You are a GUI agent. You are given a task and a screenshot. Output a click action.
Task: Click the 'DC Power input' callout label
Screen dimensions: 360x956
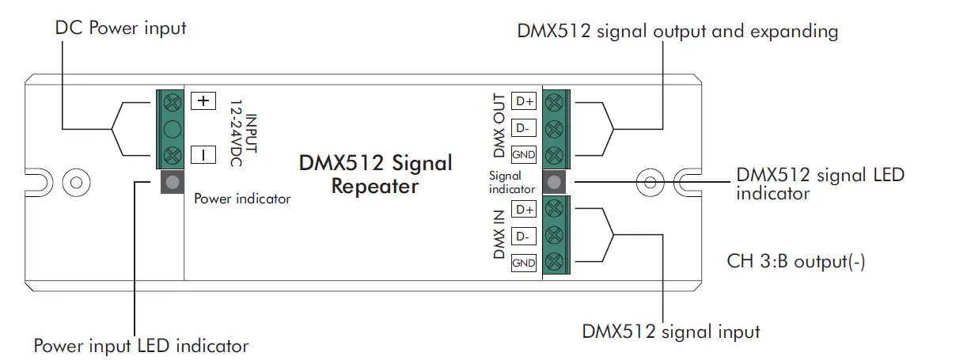tap(120, 28)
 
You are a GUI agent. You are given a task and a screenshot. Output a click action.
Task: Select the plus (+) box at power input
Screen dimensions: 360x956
tap(203, 101)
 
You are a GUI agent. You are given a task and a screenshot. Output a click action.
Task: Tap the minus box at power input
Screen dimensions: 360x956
tap(203, 154)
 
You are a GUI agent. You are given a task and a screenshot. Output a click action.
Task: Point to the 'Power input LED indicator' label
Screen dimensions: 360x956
tap(141, 346)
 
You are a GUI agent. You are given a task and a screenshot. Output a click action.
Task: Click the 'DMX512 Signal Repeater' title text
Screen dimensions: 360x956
tap(375, 175)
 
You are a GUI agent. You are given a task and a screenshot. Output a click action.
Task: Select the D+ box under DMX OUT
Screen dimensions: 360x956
tap(524, 101)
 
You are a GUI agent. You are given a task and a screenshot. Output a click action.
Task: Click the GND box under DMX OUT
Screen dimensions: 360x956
tap(524, 154)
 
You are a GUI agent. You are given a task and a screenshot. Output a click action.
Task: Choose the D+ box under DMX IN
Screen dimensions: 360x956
tap(524, 210)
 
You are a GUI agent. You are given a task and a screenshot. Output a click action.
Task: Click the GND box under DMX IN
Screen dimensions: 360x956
tap(524, 263)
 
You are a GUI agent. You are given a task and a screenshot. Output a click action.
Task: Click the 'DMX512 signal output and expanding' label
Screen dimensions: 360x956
tap(677, 32)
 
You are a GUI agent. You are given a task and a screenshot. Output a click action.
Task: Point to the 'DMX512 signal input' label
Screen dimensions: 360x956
tap(671, 332)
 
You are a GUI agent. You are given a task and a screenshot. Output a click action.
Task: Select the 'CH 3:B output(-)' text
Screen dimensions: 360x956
tap(795, 262)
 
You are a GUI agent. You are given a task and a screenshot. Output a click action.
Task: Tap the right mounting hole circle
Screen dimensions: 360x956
tap(651, 182)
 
